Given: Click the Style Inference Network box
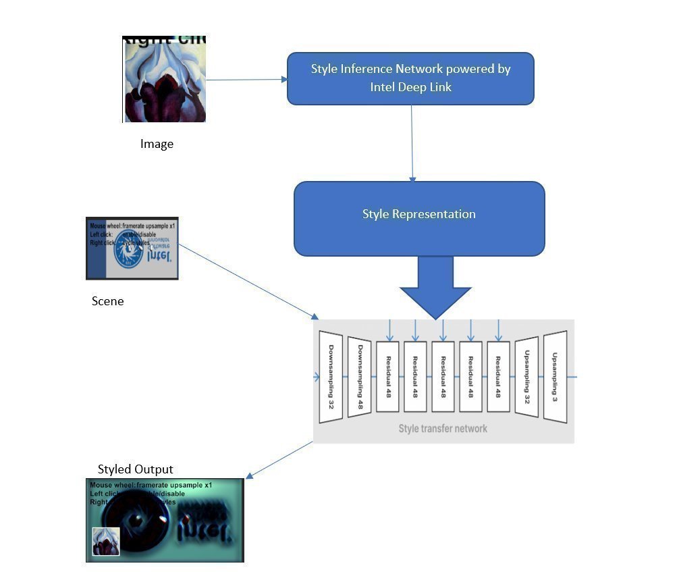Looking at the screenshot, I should [410, 78].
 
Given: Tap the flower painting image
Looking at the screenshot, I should [164, 79].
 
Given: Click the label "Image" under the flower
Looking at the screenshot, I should [157, 144].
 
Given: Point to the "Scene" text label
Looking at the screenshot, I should [107, 301].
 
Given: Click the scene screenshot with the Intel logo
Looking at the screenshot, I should [132, 248].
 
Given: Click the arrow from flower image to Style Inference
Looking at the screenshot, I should [246, 80].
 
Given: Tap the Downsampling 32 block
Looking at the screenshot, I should [331, 377].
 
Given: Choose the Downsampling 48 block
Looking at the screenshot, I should [360, 377].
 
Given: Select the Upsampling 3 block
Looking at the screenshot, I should [555, 377].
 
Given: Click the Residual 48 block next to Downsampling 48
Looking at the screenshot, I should [388, 377].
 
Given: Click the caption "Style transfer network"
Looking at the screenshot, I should [443, 428].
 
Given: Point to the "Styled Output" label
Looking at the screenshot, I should [135, 469].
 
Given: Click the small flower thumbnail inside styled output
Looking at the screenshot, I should [106, 542].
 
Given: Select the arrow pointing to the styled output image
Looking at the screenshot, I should [279, 461].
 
